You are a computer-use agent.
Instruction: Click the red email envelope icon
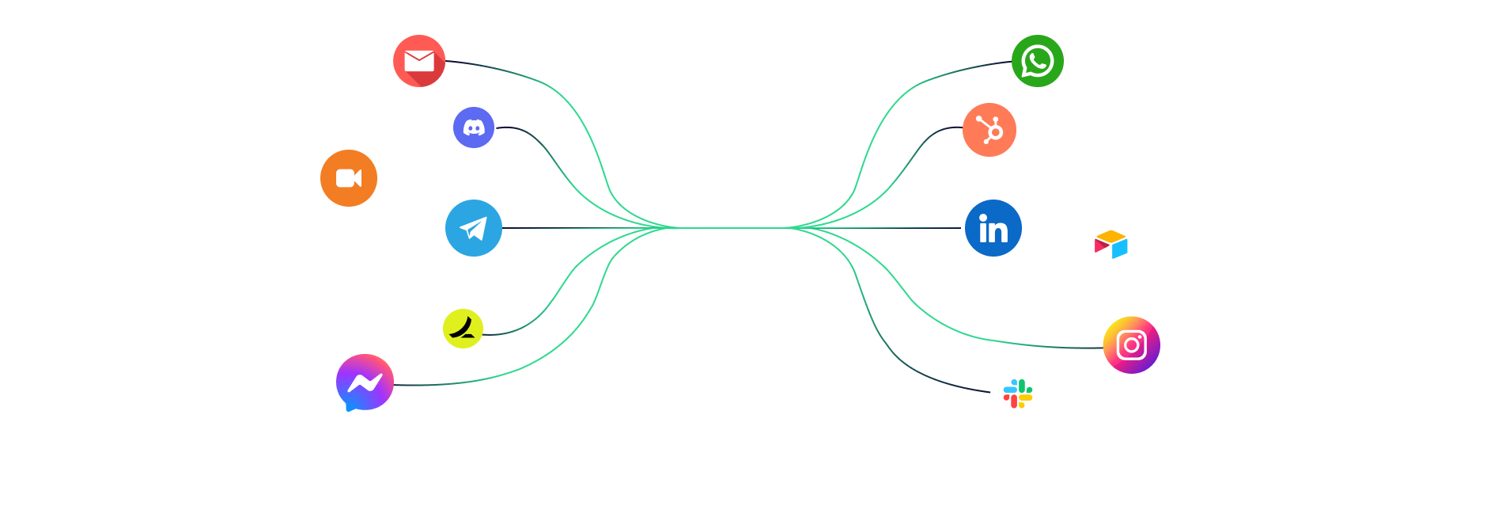click(x=419, y=61)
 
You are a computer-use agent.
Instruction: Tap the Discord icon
click(x=474, y=127)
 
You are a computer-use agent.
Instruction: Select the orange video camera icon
click(x=349, y=178)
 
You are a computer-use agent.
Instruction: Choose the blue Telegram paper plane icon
click(x=474, y=228)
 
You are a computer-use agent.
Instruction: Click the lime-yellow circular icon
click(x=464, y=329)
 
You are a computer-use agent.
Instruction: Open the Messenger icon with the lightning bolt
click(x=365, y=382)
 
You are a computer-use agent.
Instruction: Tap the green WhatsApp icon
click(x=1038, y=61)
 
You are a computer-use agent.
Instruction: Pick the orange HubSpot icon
click(x=989, y=130)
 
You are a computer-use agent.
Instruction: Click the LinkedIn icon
click(x=993, y=228)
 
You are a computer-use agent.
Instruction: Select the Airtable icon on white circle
click(x=1111, y=245)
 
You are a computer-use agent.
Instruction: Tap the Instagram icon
click(x=1132, y=345)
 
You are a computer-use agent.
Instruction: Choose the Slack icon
click(x=1018, y=394)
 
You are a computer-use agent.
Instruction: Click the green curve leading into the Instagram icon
click(x=1028, y=344)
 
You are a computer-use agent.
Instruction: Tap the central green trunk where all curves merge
click(x=732, y=228)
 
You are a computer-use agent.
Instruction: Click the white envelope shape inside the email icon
click(x=418, y=61)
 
